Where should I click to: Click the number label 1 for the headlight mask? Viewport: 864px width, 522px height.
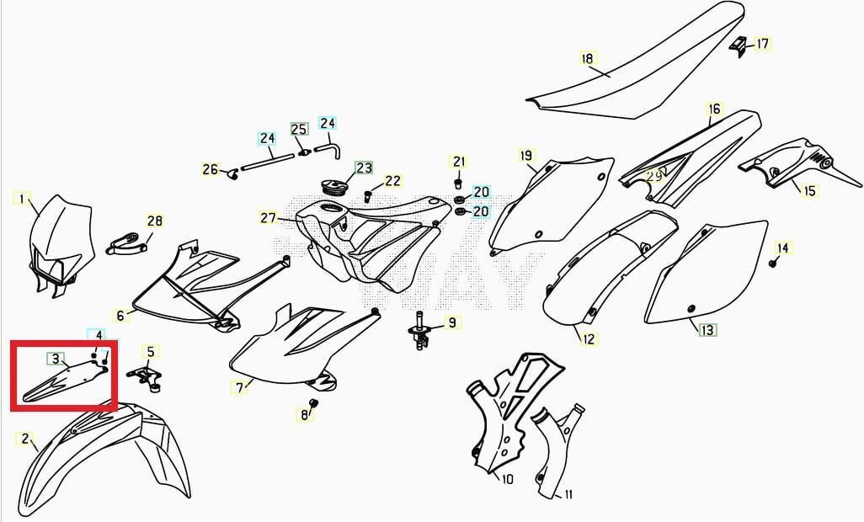click(x=22, y=199)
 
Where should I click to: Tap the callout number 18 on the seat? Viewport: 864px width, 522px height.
click(x=588, y=58)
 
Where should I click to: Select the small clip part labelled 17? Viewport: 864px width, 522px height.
click(x=738, y=46)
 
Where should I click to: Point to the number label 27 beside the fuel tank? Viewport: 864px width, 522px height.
click(x=269, y=218)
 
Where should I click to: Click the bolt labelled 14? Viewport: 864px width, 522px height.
click(x=772, y=264)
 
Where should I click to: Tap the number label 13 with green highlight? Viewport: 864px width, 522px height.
click(x=707, y=330)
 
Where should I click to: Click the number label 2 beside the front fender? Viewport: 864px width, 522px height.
click(x=24, y=439)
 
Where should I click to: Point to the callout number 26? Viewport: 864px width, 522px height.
click(x=210, y=169)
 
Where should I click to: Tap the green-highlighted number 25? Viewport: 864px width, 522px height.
click(x=299, y=130)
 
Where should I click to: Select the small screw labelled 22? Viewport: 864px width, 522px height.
click(x=368, y=195)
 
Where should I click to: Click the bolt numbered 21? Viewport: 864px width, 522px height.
click(x=458, y=181)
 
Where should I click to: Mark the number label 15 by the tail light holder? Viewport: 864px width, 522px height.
click(x=809, y=191)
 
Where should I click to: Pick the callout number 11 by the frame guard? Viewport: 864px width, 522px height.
click(x=568, y=494)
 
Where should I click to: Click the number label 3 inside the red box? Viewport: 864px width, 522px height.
click(x=56, y=359)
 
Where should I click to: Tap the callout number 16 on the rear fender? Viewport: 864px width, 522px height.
click(x=714, y=109)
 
